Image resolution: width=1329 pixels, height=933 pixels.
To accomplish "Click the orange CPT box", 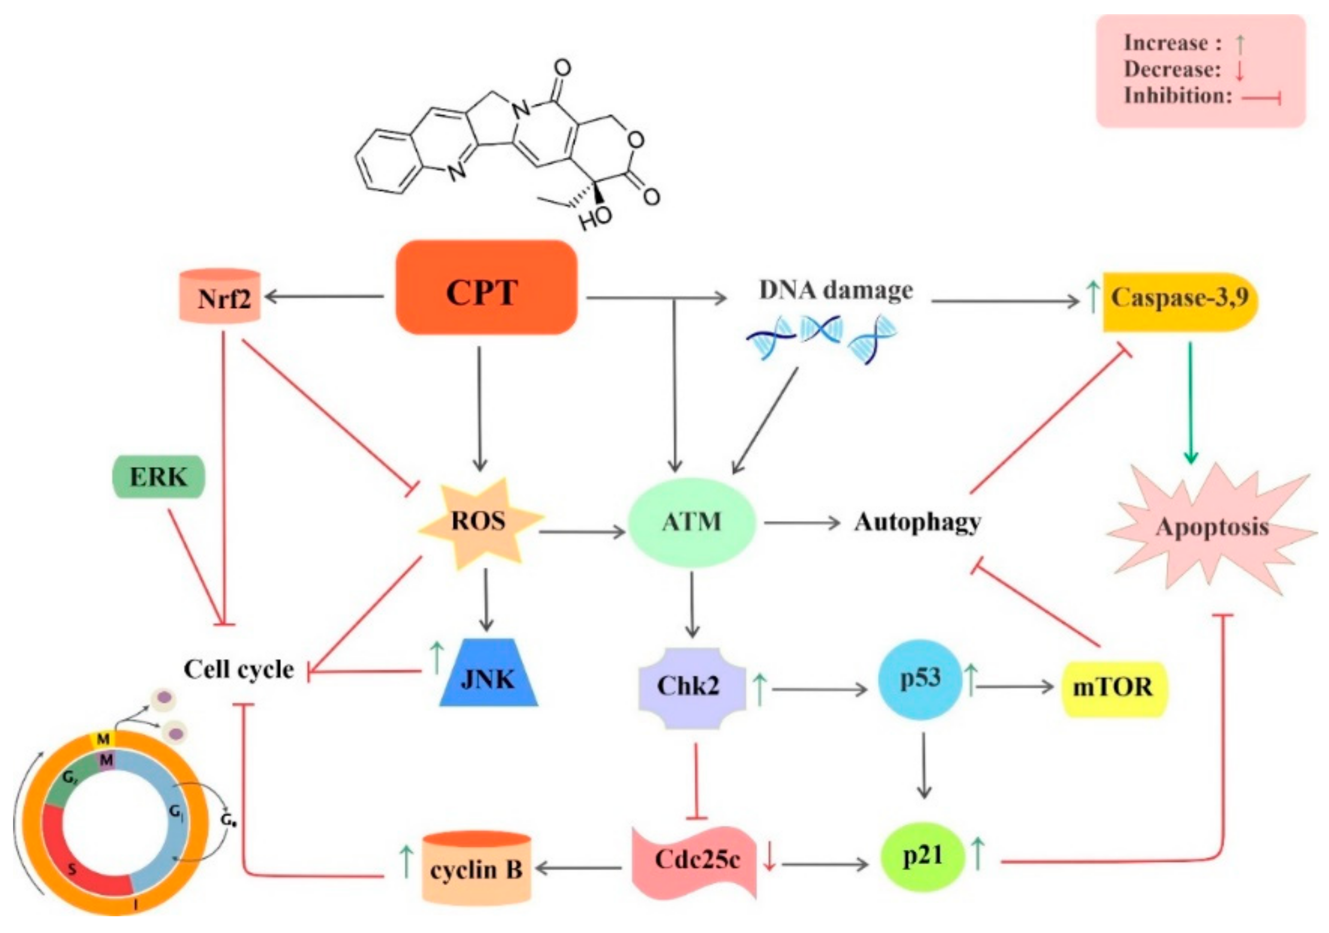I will click(485, 288).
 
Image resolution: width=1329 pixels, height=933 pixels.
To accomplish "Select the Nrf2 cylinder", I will click(220, 296).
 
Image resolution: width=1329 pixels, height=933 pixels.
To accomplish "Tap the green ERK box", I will click(158, 477).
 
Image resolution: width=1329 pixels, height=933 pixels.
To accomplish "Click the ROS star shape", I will click(479, 521).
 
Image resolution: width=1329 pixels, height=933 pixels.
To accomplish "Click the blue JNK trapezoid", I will click(488, 675).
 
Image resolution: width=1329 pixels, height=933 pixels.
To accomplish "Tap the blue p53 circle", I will click(920, 679).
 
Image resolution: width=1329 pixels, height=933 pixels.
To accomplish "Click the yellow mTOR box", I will click(1113, 688).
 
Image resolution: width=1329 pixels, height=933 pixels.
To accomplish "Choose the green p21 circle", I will click(922, 857).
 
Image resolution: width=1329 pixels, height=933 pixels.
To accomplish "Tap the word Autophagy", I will click(917, 522).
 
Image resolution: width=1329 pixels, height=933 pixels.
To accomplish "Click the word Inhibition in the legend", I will click(1177, 95).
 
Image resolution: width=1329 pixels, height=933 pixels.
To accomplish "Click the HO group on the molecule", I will click(596, 217).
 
